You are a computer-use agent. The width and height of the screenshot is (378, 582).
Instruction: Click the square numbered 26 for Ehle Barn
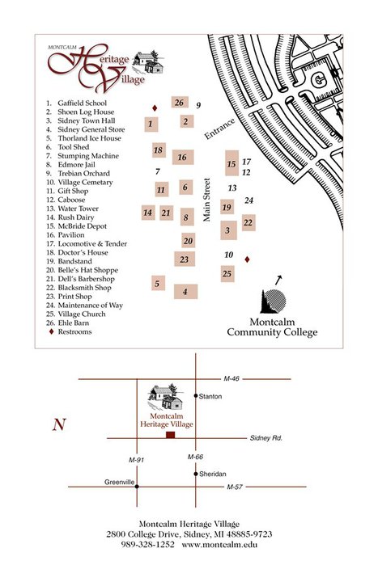(180, 103)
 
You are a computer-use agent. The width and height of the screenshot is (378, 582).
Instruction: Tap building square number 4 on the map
(185, 292)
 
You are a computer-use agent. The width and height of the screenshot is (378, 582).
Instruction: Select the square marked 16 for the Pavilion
(183, 158)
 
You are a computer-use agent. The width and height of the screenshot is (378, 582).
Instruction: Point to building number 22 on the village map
(248, 223)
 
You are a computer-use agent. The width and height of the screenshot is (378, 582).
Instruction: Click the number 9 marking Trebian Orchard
(198, 105)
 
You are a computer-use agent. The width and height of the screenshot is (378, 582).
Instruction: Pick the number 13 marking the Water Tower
(232, 188)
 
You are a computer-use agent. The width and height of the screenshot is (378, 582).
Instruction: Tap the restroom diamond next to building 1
(155, 108)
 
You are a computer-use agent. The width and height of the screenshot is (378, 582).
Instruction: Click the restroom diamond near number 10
(247, 259)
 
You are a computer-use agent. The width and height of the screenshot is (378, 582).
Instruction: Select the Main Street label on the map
(206, 200)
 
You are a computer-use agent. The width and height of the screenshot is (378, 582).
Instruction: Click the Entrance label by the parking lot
(219, 129)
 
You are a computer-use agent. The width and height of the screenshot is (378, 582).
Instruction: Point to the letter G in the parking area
(318, 80)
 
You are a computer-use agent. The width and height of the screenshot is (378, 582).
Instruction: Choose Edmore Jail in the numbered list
(76, 164)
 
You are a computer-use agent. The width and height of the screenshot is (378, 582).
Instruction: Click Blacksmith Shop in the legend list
(84, 288)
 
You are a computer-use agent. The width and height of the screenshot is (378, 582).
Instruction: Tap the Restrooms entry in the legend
(74, 332)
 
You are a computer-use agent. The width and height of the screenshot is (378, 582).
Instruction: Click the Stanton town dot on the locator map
(196, 395)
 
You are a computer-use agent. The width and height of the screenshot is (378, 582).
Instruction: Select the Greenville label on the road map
(119, 482)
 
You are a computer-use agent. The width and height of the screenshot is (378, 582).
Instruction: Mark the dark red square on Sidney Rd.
(170, 435)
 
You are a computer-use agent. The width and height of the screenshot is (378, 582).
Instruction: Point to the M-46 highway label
(231, 378)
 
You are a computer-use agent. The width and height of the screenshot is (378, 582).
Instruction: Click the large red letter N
(59, 424)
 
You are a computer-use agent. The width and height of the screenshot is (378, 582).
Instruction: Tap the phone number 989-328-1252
(147, 545)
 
